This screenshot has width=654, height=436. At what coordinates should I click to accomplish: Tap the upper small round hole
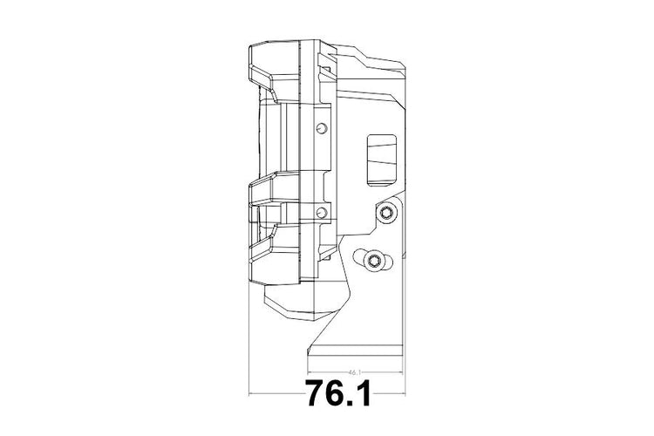(x=322, y=128)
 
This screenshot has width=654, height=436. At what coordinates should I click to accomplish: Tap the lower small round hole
(x=322, y=213)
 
